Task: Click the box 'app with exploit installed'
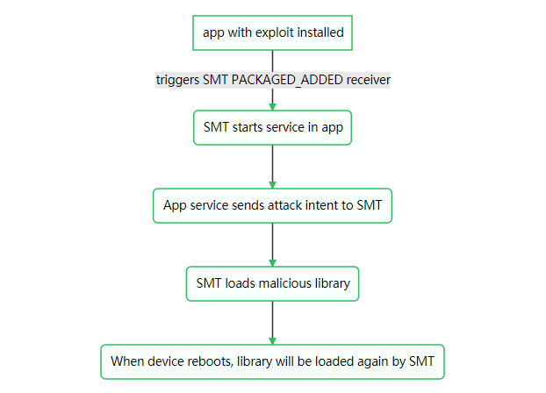point(272,32)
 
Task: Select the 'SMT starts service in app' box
point(272,127)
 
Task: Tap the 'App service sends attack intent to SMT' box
point(272,206)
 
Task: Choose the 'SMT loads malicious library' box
point(272,283)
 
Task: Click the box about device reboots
point(272,361)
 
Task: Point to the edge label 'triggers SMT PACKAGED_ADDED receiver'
point(272,80)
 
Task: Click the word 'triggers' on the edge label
point(178,80)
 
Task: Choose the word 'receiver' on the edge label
point(368,80)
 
